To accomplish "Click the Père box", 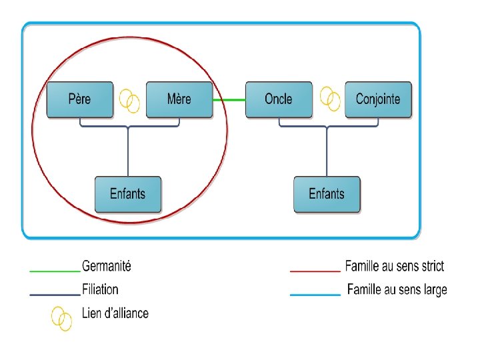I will tap(79, 100).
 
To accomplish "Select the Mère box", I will tap(179, 100).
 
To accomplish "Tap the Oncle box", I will tap(278, 100).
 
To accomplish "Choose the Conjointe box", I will tap(378, 100).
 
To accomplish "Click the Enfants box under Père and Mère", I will tap(127, 195).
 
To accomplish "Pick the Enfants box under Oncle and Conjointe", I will tap(327, 195).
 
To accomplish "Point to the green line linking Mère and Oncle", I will tap(229, 100).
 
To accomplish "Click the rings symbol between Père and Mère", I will tap(129, 101).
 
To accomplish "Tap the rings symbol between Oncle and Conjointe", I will tap(330, 99).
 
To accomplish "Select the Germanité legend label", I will tap(107, 267).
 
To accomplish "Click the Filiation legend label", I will tap(100, 289).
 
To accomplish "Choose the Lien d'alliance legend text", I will tap(115, 313).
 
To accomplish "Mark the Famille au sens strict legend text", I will tap(394, 267).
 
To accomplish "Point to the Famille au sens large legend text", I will tap(397, 289).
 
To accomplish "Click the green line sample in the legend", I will tap(55, 271).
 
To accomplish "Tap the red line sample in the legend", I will tap(315, 271).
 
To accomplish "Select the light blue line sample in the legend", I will tap(315, 294).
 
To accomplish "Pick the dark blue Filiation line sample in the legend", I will tap(55, 294).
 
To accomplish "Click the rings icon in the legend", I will tap(62, 317).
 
